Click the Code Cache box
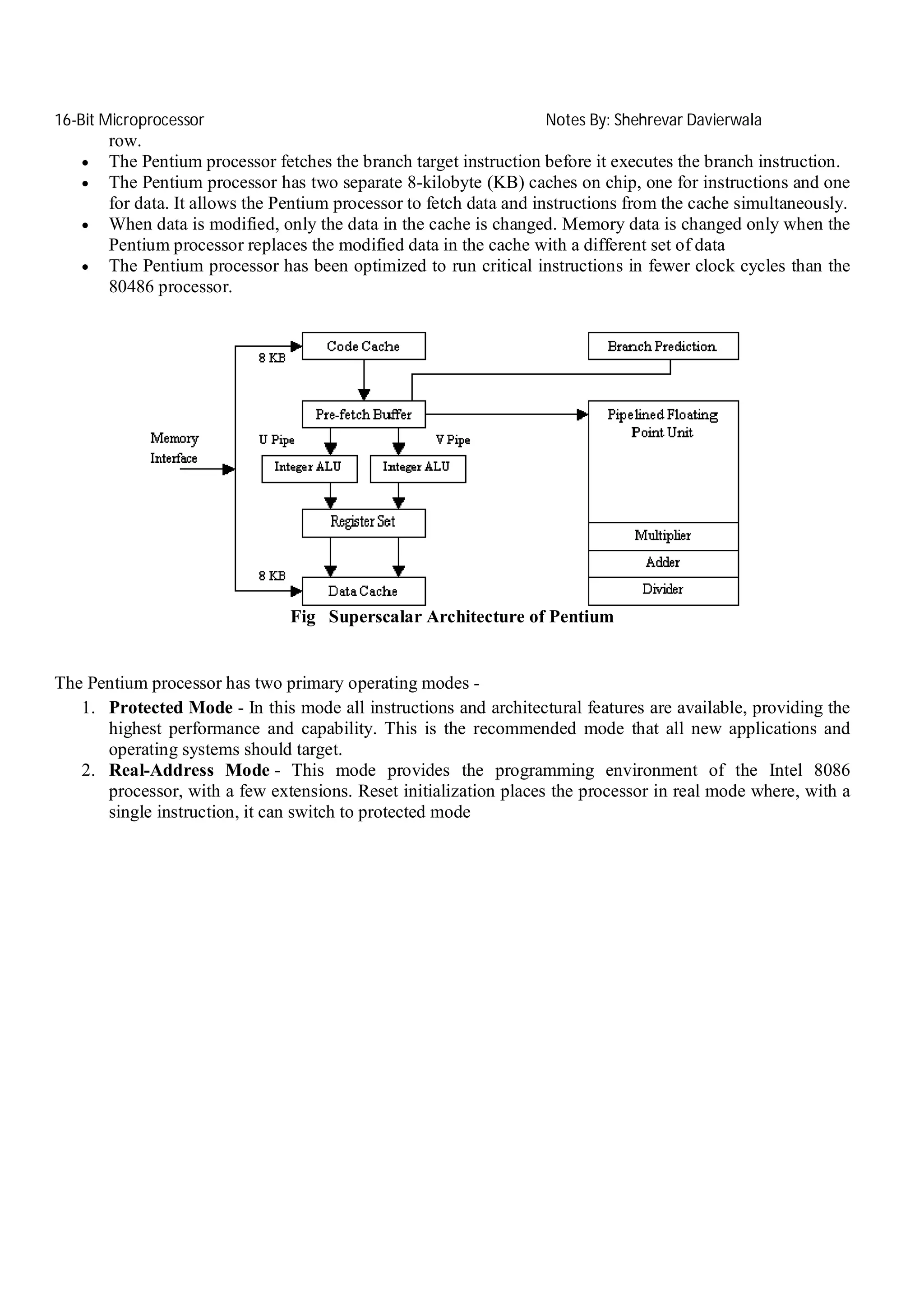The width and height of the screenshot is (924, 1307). pyautogui.click(x=363, y=346)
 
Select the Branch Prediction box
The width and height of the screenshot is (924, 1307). pyautogui.click(x=663, y=346)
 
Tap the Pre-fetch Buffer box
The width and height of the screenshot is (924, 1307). pyautogui.click(x=363, y=414)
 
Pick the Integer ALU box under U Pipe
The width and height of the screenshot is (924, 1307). pyautogui.click(x=309, y=469)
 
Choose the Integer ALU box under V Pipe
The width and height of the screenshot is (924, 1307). pyautogui.click(x=417, y=469)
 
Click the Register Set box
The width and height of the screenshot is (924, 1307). pyautogui.click(x=363, y=523)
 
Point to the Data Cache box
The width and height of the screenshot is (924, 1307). pyautogui.click(x=363, y=591)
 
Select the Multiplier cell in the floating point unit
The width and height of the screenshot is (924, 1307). pyautogui.click(x=663, y=536)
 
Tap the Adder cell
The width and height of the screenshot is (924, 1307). pyautogui.click(x=663, y=563)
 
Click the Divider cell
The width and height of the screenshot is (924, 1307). pyautogui.click(x=663, y=590)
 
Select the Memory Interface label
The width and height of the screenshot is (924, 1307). pyautogui.click(x=174, y=448)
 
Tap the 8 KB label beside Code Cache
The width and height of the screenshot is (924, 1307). pyautogui.click(x=272, y=358)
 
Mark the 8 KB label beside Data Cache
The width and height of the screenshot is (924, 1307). pyautogui.click(x=272, y=575)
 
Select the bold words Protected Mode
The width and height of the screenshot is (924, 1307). pyautogui.click(x=171, y=708)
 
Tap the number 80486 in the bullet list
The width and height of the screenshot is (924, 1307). pyautogui.click(x=131, y=287)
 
